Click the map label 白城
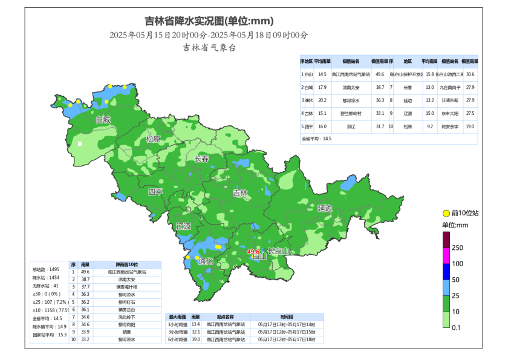click(103, 120)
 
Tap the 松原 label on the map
click(154, 139)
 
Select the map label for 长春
click(201, 159)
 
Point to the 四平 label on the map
click(156, 192)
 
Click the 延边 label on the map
click(325, 208)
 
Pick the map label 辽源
click(184, 226)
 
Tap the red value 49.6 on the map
click(253, 252)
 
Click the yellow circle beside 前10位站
click(446, 213)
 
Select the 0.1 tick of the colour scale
click(457, 327)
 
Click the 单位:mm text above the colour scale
click(455, 225)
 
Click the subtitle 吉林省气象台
click(209, 47)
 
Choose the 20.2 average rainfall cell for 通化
click(322, 100)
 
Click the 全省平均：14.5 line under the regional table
click(317, 139)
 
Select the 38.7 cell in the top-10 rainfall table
click(85, 279)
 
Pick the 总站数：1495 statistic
click(46, 269)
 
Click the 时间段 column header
click(287, 316)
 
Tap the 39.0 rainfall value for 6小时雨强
click(196, 340)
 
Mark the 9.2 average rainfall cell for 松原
click(430, 126)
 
